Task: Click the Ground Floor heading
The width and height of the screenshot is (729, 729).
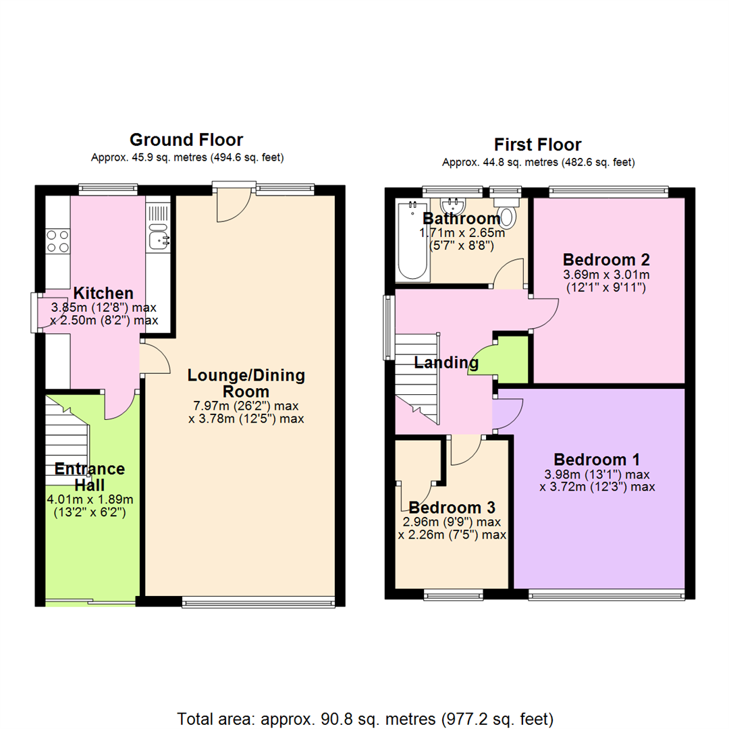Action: pos(186,140)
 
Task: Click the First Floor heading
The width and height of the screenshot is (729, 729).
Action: pos(537,144)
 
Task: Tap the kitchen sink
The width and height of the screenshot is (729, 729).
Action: pos(159,237)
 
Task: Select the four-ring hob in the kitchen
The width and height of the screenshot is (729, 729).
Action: pos(57,241)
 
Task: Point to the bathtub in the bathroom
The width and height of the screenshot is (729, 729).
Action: pos(412,240)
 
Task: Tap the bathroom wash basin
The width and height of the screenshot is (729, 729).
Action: pos(452,205)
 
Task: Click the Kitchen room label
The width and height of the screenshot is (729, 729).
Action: pos(103,294)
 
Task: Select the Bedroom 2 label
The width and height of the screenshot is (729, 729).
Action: pos(606,259)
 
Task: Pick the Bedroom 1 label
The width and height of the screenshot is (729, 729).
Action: pos(597,460)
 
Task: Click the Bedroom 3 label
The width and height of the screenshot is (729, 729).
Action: pos(452,507)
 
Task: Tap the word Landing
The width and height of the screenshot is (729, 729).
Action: pos(446,362)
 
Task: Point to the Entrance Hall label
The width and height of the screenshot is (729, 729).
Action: pos(90,477)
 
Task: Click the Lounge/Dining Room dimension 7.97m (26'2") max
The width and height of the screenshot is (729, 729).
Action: pos(246,406)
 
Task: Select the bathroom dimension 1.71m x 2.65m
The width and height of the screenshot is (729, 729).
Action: pos(462,232)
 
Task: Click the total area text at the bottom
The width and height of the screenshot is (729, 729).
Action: pos(365,719)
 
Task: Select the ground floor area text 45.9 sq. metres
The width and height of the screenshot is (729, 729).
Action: pos(169,157)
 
